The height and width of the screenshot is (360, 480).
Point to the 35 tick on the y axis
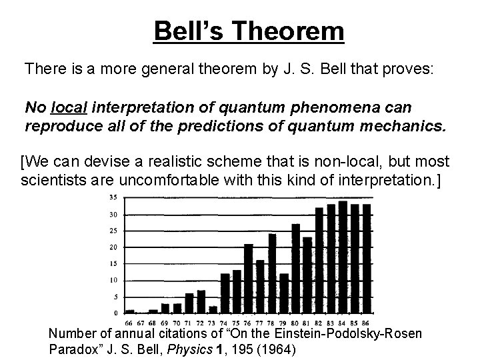coord(113,198)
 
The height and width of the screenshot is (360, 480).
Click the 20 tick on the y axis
coord(113,247)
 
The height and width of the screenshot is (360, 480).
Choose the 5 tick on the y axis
coord(115,296)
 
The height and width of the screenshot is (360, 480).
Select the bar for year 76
coord(249,278)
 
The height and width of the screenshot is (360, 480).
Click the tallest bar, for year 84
coord(343,257)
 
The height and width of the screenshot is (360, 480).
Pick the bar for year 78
coord(272,273)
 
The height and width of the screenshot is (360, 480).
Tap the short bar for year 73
coord(213,309)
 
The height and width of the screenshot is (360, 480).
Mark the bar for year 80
coord(295,268)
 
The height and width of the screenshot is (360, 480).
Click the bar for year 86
coord(366,258)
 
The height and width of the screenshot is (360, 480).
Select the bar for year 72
coord(201,301)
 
